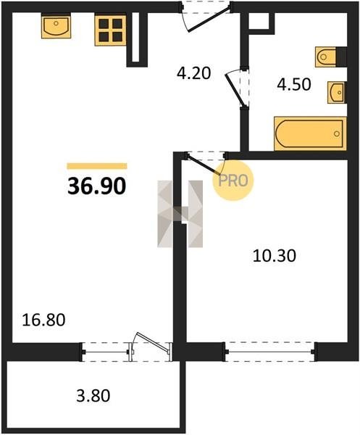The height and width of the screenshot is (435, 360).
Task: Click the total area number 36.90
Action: (97, 186)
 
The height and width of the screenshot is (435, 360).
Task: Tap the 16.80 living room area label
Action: (43, 320)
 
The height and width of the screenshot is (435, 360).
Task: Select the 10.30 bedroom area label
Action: (275, 256)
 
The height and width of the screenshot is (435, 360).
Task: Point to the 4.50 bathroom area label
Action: (294, 84)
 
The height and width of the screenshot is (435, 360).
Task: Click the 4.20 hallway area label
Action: (194, 73)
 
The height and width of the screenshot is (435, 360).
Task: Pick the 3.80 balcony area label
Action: (93, 395)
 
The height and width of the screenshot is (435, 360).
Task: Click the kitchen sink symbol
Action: (56, 26)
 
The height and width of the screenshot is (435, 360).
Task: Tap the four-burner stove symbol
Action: (110, 30)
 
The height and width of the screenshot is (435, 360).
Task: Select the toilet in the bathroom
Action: (326, 57)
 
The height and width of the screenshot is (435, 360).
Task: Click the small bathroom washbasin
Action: (336, 92)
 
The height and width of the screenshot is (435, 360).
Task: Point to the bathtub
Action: (310, 133)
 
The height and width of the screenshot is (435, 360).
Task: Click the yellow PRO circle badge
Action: (233, 181)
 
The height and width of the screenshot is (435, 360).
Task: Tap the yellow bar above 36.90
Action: (97, 166)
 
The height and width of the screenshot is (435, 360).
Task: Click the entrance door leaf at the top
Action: (209, 21)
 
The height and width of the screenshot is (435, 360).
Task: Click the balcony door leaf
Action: (153, 342)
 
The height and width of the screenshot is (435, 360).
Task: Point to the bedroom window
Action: (270, 352)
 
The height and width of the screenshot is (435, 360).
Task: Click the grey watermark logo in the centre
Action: (180, 214)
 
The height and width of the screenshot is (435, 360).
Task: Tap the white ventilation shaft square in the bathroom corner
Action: (259, 21)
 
